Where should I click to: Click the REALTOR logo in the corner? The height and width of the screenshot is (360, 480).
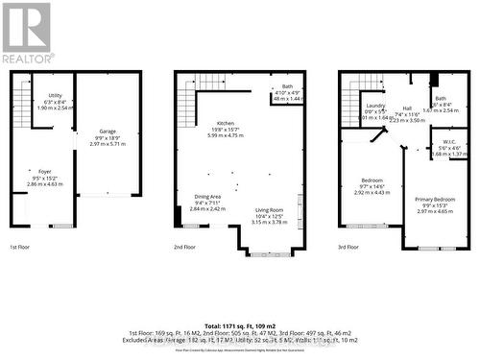[26, 32]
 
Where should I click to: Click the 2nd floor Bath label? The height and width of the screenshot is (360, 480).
[287, 86]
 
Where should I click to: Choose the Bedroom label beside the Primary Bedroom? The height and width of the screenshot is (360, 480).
[372, 179]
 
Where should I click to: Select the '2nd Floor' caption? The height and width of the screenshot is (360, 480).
[184, 247]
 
